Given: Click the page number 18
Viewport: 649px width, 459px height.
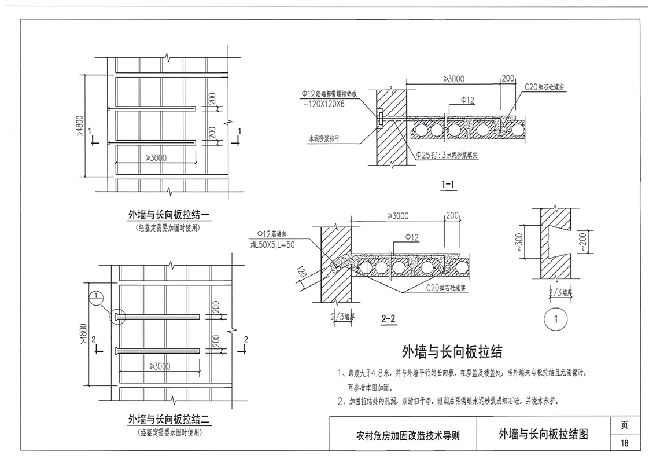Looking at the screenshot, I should pos(624,443).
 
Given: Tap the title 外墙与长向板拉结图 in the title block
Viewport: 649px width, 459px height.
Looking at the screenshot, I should pos(543,434).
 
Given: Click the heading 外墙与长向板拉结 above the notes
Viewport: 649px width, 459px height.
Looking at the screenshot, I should pos(452,351).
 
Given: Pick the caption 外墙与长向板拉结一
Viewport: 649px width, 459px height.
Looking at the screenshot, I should pos(168,216).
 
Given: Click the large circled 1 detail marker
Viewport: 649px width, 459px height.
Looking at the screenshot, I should pos(555,320).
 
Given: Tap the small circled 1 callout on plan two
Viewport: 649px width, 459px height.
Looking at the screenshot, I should pos(96,298).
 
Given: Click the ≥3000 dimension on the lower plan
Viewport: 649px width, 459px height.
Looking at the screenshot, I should pos(160,366).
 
